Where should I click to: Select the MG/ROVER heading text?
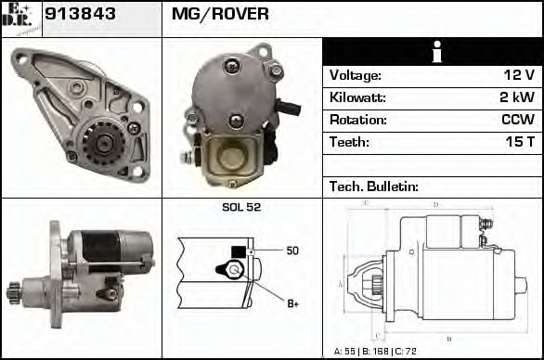220,14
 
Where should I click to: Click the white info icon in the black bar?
432,53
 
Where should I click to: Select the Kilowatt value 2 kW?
515,97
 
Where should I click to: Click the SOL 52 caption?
241,207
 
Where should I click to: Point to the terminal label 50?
291,251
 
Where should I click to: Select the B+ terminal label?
291,302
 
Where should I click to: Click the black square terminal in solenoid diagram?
238,251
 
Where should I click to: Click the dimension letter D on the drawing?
435,204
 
